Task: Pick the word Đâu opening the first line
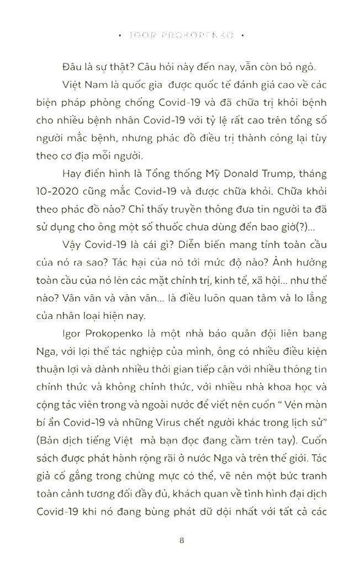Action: tap(73, 67)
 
